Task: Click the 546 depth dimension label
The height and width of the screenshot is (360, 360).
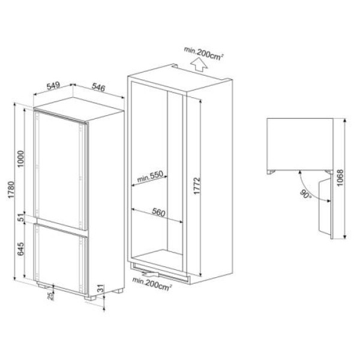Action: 98,88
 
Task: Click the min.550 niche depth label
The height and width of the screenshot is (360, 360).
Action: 150,178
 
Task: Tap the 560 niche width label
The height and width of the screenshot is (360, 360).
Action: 158,212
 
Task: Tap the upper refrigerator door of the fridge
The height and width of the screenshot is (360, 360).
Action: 60,165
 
